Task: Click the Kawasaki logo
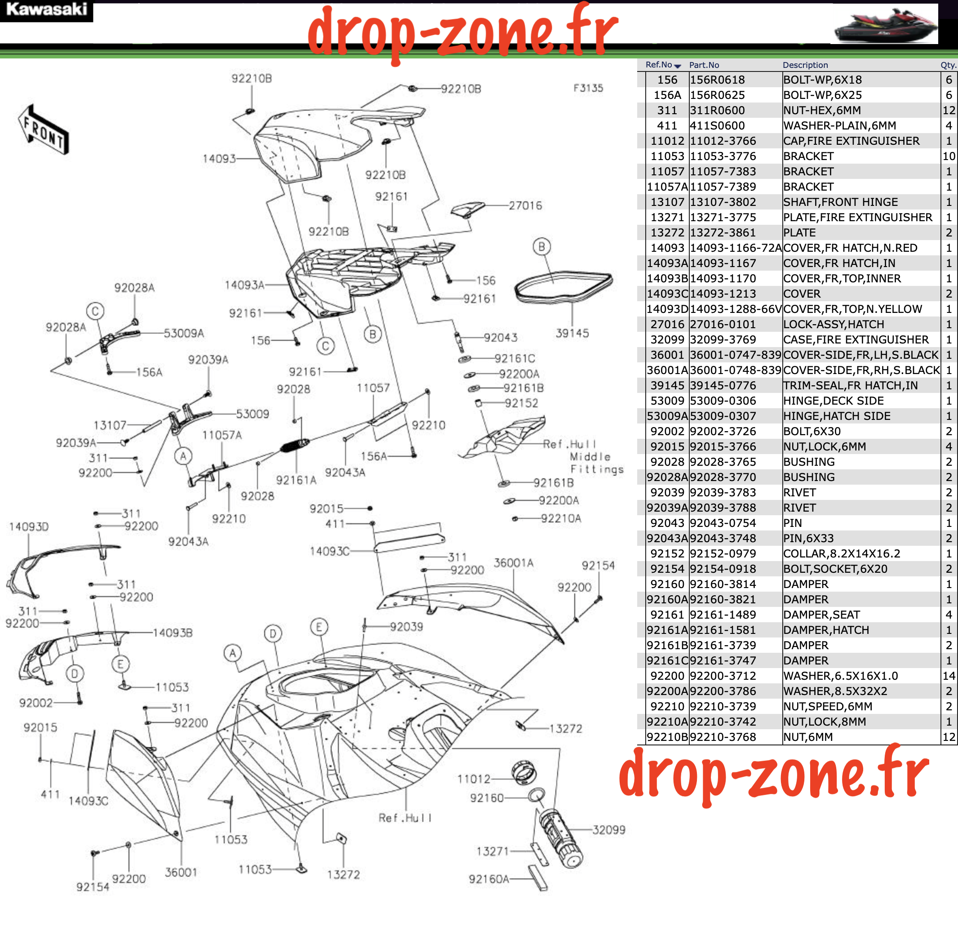click(46, 10)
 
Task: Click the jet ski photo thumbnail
click(884, 25)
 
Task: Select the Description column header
click(805, 65)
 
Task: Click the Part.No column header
click(704, 65)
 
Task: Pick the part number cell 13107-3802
click(723, 202)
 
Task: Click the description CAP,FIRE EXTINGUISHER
click(852, 141)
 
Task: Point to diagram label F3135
click(588, 88)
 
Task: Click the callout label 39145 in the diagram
click(572, 333)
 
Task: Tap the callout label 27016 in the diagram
click(526, 205)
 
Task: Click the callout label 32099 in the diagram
click(609, 830)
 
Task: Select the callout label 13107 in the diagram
click(110, 425)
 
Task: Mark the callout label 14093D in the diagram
click(29, 527)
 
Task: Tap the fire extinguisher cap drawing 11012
click(523, 773)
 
